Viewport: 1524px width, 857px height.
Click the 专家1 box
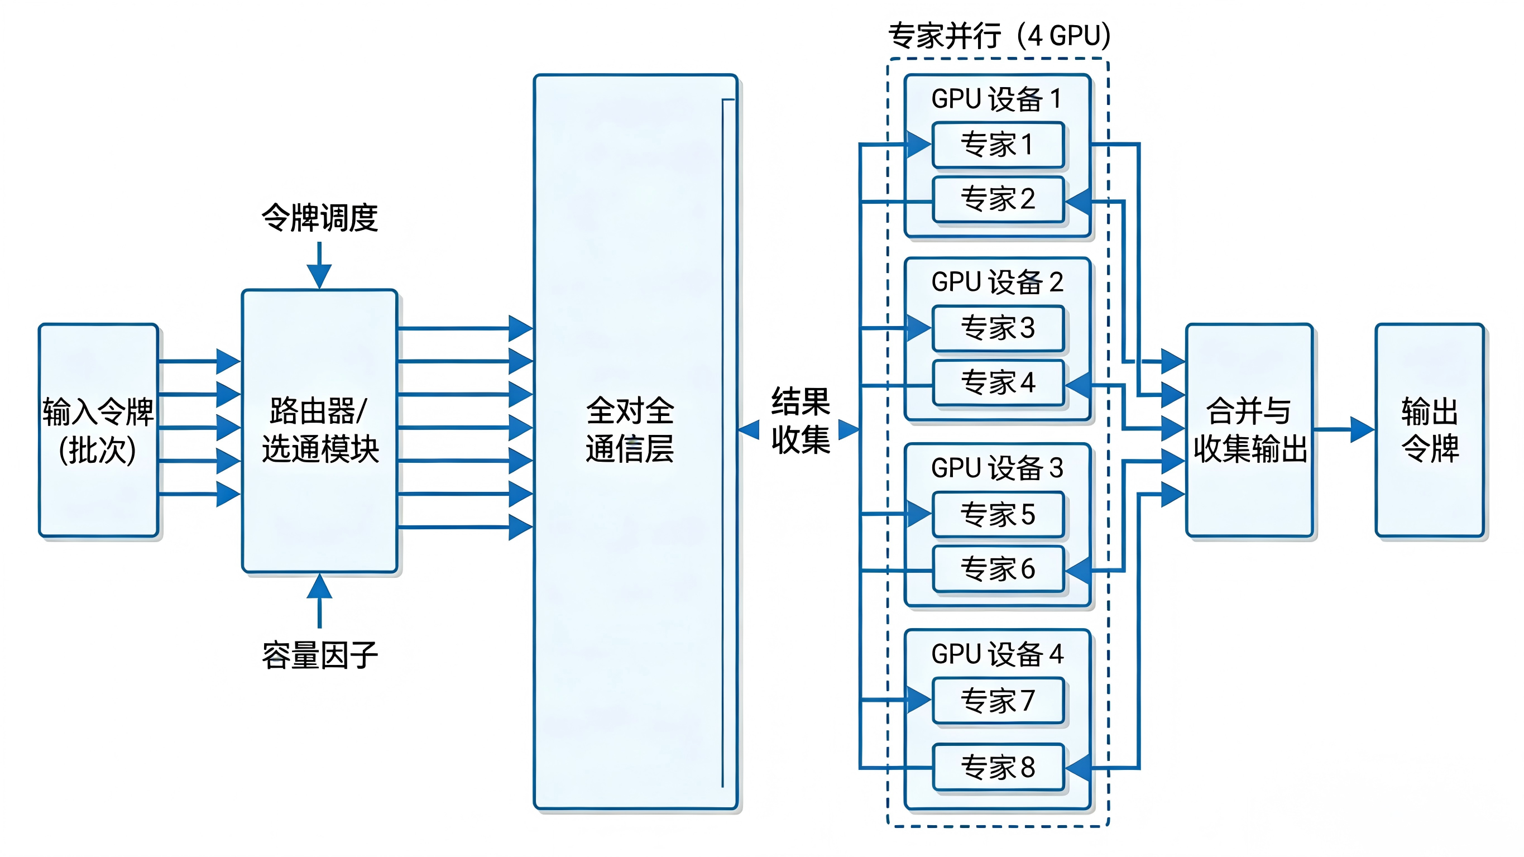(998, 145)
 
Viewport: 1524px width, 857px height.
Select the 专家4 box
(998, 382)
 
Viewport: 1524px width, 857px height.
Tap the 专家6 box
(998, 569)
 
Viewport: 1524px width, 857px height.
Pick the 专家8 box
(998, 767)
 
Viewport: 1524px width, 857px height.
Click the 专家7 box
(998, 701)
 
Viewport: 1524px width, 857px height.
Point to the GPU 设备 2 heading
(997, 282)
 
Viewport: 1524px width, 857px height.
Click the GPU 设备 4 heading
(997, 654)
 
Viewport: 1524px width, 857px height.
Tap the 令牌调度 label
(319, 218)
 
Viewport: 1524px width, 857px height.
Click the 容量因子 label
(319, 655)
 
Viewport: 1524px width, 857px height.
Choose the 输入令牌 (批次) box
(98, 430)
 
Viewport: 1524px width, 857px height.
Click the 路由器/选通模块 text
(319, 430)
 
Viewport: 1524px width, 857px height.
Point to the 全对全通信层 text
(630, 430)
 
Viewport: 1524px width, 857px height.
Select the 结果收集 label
(800, 421)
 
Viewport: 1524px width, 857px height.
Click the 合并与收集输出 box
(1249, 430)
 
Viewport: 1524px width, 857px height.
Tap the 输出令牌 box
(1429, 430)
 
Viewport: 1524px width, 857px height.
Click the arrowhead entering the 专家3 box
(919, 327)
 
